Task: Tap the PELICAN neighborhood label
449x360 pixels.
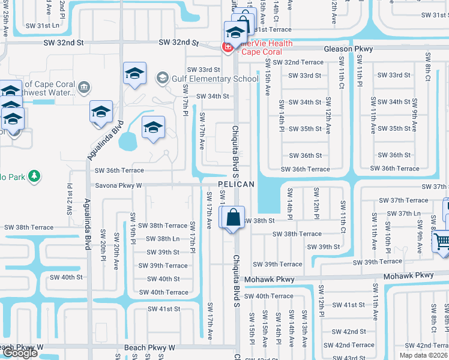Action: coord(236,184)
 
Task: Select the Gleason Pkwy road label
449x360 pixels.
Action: coord(348,49)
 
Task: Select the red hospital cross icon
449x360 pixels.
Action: coord(228,47)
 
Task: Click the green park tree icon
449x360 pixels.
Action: coord(35,176)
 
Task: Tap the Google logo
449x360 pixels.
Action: coord(20,353)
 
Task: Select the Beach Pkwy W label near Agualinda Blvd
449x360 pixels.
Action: coord(149,347)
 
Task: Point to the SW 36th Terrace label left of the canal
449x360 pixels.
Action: coord(119,170)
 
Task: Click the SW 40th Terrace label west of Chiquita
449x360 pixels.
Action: coord(163,292)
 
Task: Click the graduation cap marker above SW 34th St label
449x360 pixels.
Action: coord(134,74)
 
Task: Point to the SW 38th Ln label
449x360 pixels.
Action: coord(163,238)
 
